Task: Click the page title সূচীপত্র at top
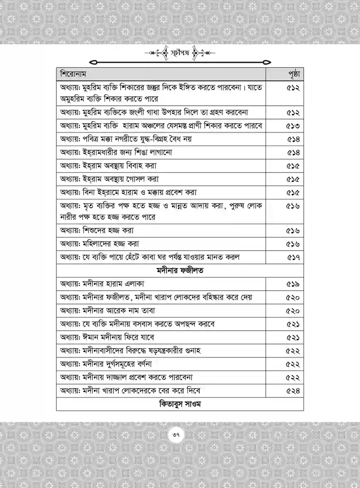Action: pyautogui.click(x=180, y=53)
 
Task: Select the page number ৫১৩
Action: pyautogui.click(x=293, y=126)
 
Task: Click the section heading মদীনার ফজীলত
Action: pyautogui.click(x=180, y=271)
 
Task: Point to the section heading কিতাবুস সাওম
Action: pyautogui.click(x=180, y=404)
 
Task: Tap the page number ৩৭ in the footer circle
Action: pyautogui.click(x=180, y=435)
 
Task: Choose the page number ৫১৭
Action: pyautogui.click(x=293, y=257)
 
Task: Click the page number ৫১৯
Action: pyautogui.click(x=293, y=284)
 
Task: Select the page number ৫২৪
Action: pyautogui.click(x=293, y=390)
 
